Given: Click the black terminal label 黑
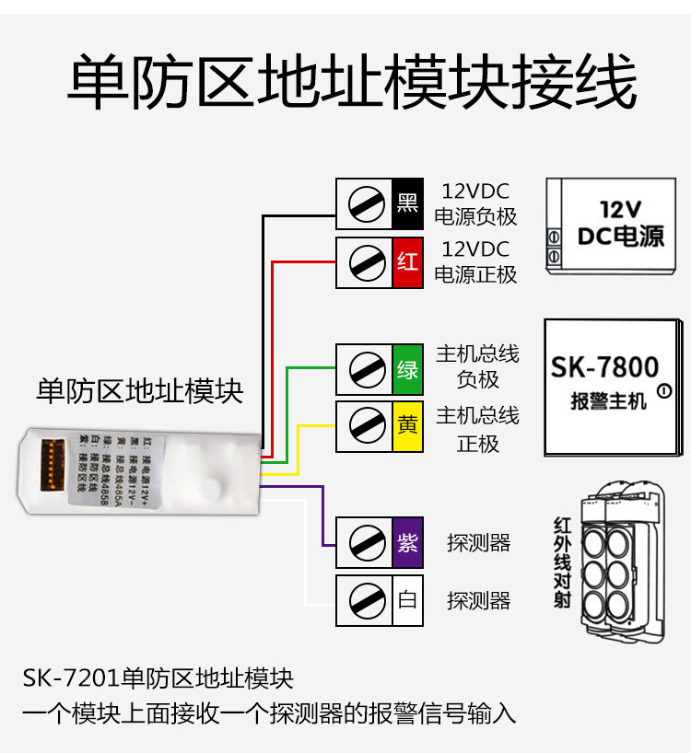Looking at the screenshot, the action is [x=407, y=203].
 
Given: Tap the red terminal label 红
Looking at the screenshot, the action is [x=407, y=262].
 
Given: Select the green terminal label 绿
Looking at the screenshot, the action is [x=407, y=369].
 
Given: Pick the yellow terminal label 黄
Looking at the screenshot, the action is [x=407, y=425].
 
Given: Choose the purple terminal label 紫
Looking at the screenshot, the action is [x=407, y=543].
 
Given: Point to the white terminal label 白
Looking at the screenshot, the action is [x=407, y=601].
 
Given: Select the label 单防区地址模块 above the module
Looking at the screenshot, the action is [x=140, y=391].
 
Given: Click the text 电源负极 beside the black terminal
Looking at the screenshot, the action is [x=475, y=218].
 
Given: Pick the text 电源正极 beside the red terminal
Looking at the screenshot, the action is [x=475, y=274].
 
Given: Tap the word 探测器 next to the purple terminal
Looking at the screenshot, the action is [x=478, y=543].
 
